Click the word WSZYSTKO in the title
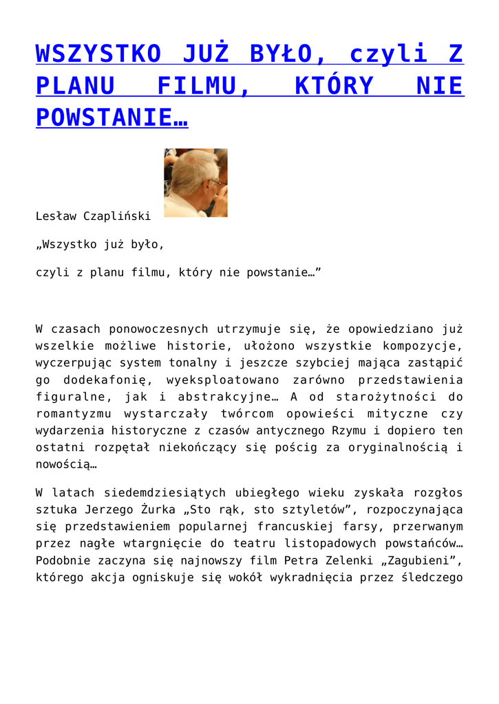(99, 53)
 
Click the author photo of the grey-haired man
(195, 183)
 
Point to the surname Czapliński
(117, 216)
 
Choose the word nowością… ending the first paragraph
(66, 465)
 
